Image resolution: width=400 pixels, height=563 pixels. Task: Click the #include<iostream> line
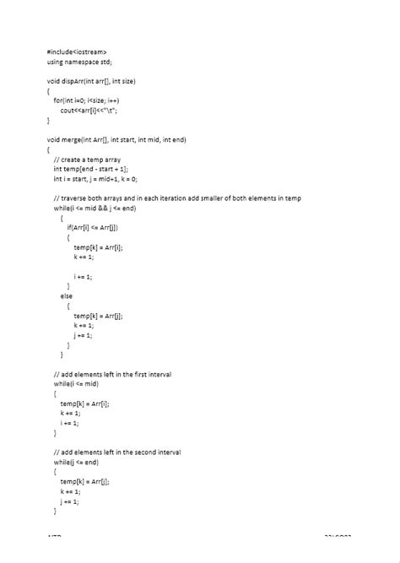(x=77, y=52)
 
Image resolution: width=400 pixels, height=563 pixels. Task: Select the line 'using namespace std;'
(x=79, y=62)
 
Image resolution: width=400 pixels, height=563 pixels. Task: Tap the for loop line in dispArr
(x=87, y=100)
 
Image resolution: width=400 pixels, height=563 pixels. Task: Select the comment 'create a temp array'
(x=88, y=159)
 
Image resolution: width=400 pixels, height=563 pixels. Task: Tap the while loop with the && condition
(x=95, y=208)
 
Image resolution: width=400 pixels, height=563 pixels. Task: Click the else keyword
(x=66, y=295)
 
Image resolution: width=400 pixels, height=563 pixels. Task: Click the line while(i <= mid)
(x=76, y=383)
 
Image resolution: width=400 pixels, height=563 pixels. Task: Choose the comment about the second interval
(x=117, y=452)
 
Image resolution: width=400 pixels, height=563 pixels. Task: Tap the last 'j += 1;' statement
(x=70, y=501)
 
